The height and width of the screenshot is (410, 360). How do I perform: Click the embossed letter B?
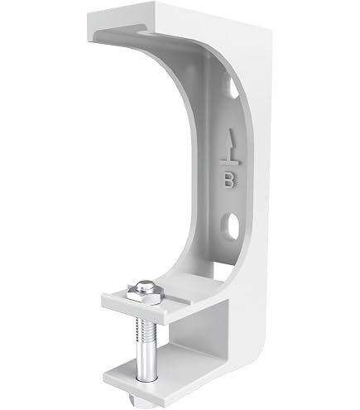(229, 180)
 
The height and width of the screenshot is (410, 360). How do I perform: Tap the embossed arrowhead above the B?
(228, 137)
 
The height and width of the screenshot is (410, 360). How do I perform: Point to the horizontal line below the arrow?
(230, 163)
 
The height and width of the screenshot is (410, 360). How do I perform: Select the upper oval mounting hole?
(231, 87)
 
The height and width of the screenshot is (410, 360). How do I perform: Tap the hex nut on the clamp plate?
(145, 296)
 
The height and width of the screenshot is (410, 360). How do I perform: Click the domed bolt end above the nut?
(145, 287)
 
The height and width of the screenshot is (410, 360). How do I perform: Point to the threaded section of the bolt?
(146, 330)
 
